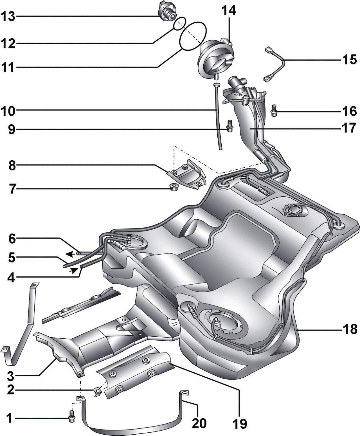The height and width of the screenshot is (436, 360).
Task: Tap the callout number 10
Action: coord(8,111)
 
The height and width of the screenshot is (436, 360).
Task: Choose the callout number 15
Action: coord(350,60)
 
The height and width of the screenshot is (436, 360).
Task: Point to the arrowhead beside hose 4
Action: coord(74,270)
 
